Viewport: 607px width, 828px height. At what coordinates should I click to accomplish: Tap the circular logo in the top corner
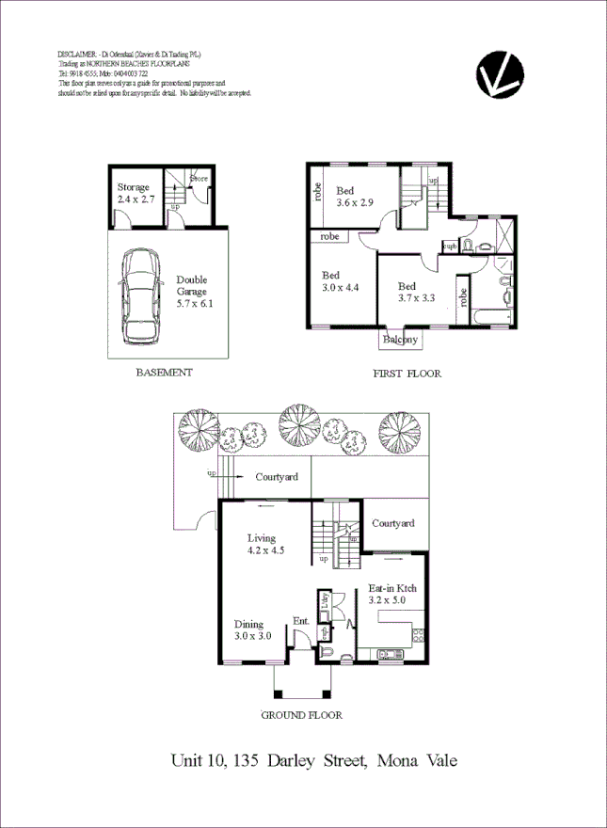point(502,75)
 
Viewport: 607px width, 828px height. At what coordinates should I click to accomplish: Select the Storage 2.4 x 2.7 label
point(134,194)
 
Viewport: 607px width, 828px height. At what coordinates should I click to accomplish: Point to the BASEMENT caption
point(164,373)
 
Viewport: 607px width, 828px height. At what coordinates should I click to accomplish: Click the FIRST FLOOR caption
point(407,374)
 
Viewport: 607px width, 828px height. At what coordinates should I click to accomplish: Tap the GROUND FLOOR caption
point(300,715)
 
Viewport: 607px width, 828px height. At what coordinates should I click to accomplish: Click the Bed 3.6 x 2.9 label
point(356,197)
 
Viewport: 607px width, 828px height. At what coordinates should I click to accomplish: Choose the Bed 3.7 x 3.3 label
point(415,292)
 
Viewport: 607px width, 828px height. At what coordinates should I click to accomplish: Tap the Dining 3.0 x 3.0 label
point(253,629)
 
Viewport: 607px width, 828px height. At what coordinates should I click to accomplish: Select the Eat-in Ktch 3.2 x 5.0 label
point(391,593)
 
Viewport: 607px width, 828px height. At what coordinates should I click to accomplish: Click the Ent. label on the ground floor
point(301,621)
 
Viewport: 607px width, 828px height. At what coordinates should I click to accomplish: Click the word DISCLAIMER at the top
point(76,55)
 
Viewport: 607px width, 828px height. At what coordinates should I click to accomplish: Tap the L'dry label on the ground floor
point(323,604)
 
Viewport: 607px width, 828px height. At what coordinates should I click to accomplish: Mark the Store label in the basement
point(199,177)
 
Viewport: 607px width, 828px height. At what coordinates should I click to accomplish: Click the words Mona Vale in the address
point(418,759)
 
